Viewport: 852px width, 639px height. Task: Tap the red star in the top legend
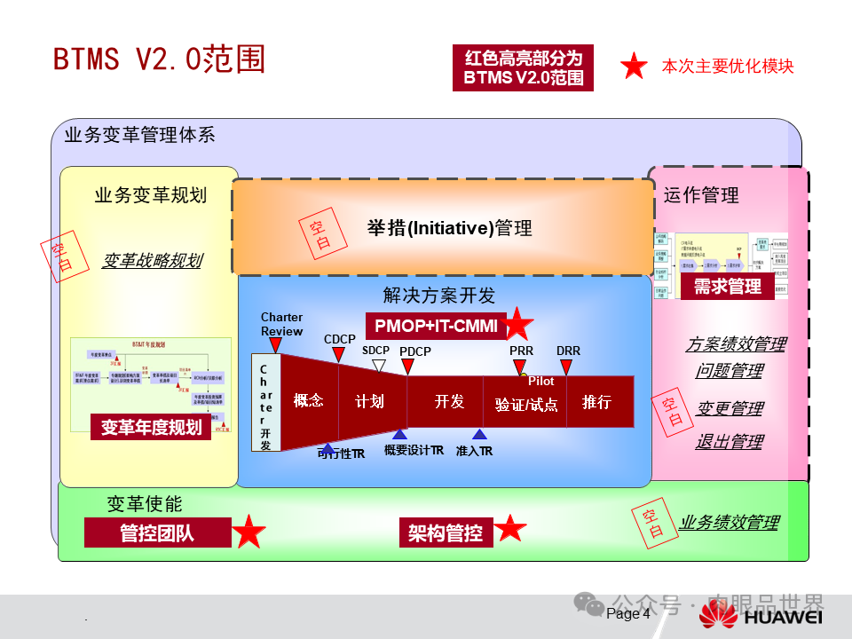tap(634, 67)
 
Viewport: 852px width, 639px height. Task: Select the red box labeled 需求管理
tap(727, 286)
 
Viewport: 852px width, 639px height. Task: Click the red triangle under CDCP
tap(338, 354)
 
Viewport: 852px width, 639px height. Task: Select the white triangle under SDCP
tap(379, 366)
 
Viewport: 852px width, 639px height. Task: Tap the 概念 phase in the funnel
tap(309, 401)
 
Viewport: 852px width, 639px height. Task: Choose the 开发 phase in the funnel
tap(449, 402)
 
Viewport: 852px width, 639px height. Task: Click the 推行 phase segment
tap(596, 402)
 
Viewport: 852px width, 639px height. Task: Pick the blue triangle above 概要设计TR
tap(400, 434)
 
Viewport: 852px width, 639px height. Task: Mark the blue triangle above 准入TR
tap(479, 434)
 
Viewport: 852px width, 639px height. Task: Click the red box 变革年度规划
tap(151, 427)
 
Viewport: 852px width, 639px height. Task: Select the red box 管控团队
tap(157, 532)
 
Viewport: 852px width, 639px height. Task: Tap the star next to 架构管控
tap(510, 529)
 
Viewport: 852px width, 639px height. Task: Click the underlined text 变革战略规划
tap(152, 260)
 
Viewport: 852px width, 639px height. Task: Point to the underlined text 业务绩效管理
tap(729, 523)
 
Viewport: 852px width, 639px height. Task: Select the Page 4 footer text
tap(628, 613)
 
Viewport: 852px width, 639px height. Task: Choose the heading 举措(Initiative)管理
tap(450, 228)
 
